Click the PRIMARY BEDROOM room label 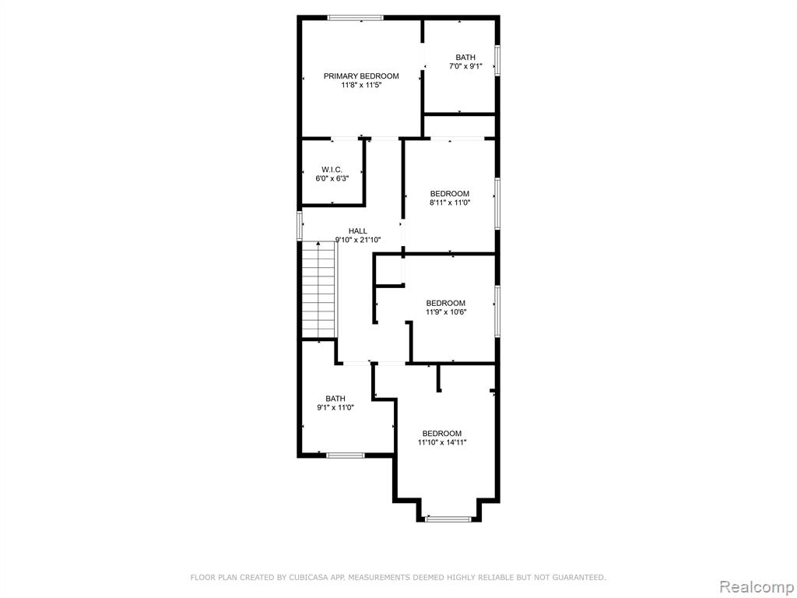pos(361,76)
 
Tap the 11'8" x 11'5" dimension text pos(361,86)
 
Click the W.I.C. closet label pos(332,170)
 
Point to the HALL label pos(358,231)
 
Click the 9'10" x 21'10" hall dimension pos(358,240)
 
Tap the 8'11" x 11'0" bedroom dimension pos(450,202)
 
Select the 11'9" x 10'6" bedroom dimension pos(446,312)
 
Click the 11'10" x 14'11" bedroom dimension pos(442,442)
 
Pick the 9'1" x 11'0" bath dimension pos(335,407)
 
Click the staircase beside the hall pos(319,290)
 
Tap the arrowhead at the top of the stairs pos(318,244)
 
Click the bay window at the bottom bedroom pos(448,519)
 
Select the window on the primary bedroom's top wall pos(355,19)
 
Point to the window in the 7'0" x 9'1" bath pos(497,61)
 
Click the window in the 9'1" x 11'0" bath pos(345,455)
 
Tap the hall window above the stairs pos(300,226)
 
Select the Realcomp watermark pos(755,586)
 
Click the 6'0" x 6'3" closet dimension pos(332,179)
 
